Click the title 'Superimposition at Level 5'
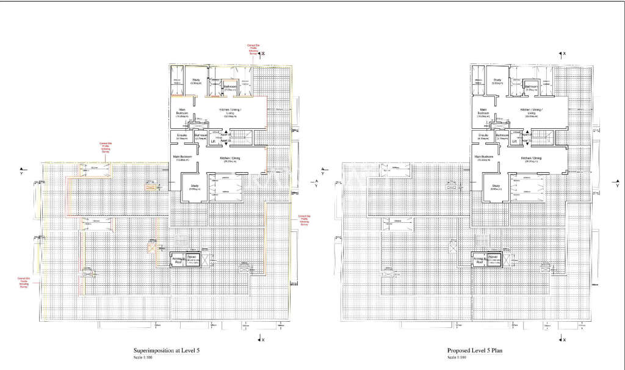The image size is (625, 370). pyautogui.click(x=167, y=350)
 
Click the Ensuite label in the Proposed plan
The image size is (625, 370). pyautogui.click(x=482, y=137)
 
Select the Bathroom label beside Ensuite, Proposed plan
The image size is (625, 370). pyautogui.click(x=502, y=137)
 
